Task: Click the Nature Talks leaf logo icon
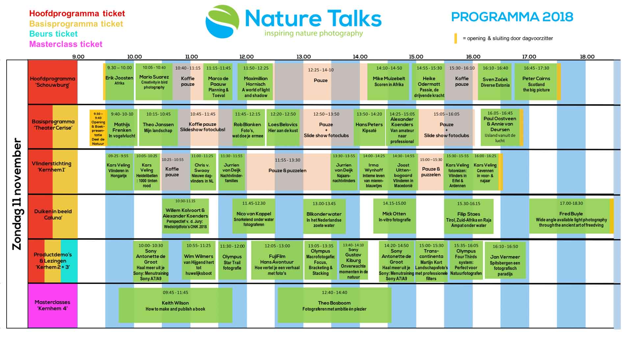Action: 223,21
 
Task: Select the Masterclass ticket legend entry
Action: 66,44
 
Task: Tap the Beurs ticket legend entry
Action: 53,34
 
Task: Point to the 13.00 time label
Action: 303,57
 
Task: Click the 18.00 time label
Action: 587,57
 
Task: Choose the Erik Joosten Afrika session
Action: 119,82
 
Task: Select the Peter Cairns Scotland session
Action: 536,82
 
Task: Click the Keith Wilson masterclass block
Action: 175,305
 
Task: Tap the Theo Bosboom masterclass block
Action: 334,305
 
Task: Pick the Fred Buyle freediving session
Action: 571,216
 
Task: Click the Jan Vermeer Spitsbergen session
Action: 505,260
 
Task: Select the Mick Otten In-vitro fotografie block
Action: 394,216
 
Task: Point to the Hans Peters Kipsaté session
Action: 369,127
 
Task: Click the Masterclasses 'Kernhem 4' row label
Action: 52,305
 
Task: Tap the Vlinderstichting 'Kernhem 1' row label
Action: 52,167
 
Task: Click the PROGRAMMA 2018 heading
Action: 512,17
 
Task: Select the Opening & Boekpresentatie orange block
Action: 98,128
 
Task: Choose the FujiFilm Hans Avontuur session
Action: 277,260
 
